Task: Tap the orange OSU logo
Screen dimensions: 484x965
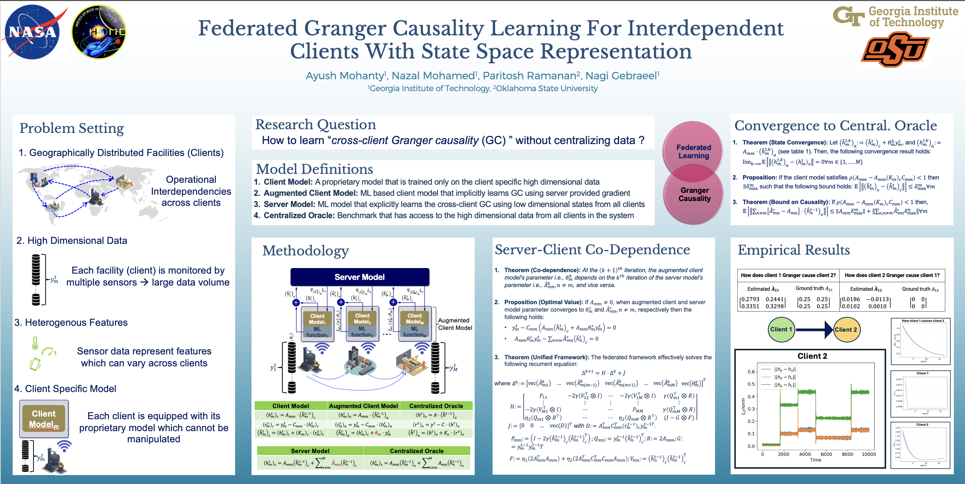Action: point(895,50)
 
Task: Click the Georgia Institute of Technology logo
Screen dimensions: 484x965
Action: point(895,17)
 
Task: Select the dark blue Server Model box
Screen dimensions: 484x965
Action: point(360,277)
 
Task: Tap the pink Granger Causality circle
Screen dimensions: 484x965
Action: point(694,195)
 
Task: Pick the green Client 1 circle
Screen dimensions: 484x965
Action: point(782,329)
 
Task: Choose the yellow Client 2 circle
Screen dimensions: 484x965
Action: point(846,329)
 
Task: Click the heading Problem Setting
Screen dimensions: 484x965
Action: point(71,128)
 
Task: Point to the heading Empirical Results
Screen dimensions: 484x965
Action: point(794,250)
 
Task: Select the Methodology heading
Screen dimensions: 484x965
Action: point(305,251)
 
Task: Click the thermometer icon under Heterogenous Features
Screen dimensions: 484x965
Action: point(35,343)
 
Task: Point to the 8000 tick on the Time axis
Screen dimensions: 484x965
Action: point(847,454)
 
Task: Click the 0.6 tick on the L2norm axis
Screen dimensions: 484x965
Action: point(751,372)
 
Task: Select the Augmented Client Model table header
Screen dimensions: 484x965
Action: point(363,406)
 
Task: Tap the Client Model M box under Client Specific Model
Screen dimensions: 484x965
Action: point(44,419)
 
